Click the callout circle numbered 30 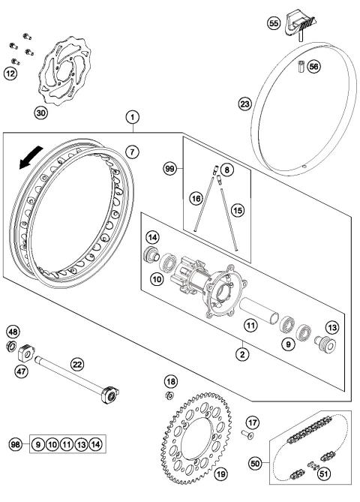click(40, 113)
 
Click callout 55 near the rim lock click(274, 24)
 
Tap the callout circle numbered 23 click(244, 105)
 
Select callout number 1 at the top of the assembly click(133, 117)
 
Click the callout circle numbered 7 click(132, 152)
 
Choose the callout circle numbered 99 click(169, 170)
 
